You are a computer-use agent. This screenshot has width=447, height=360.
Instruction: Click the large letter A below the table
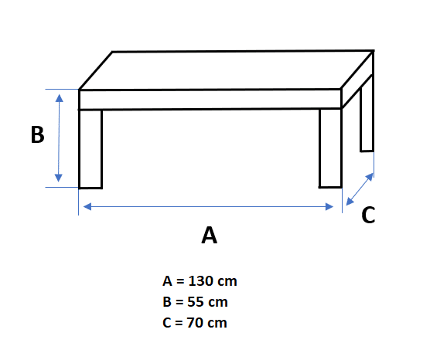(210, 235)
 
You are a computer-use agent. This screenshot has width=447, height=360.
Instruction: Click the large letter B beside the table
(37, 134)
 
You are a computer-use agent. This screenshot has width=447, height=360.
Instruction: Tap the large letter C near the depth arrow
(368, 215)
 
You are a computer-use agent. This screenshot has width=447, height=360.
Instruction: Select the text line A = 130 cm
(200, 281)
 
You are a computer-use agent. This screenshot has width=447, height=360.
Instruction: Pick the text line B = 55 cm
(195, 302)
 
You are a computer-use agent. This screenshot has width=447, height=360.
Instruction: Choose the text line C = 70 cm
(195, 323)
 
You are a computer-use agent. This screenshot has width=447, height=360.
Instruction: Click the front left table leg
(90, 149)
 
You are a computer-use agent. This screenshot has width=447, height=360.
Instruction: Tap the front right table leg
(330, 148)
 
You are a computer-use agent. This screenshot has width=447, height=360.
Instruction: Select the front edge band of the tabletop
(210, 100)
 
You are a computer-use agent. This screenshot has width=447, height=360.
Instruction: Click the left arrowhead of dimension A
(87, 206)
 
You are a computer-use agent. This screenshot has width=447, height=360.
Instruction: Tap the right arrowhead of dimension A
(329, 206)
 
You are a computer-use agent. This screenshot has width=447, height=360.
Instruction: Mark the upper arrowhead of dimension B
(60, 98)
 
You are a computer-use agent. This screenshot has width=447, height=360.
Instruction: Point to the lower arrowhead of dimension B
(59, 178)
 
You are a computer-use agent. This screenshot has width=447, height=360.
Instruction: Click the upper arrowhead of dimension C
(369, 177)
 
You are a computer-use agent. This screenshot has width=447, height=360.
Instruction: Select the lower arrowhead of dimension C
(350, 201)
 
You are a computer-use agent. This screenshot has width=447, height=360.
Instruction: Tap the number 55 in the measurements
(196, 302)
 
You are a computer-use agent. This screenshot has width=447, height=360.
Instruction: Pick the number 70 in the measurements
(195, 323)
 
